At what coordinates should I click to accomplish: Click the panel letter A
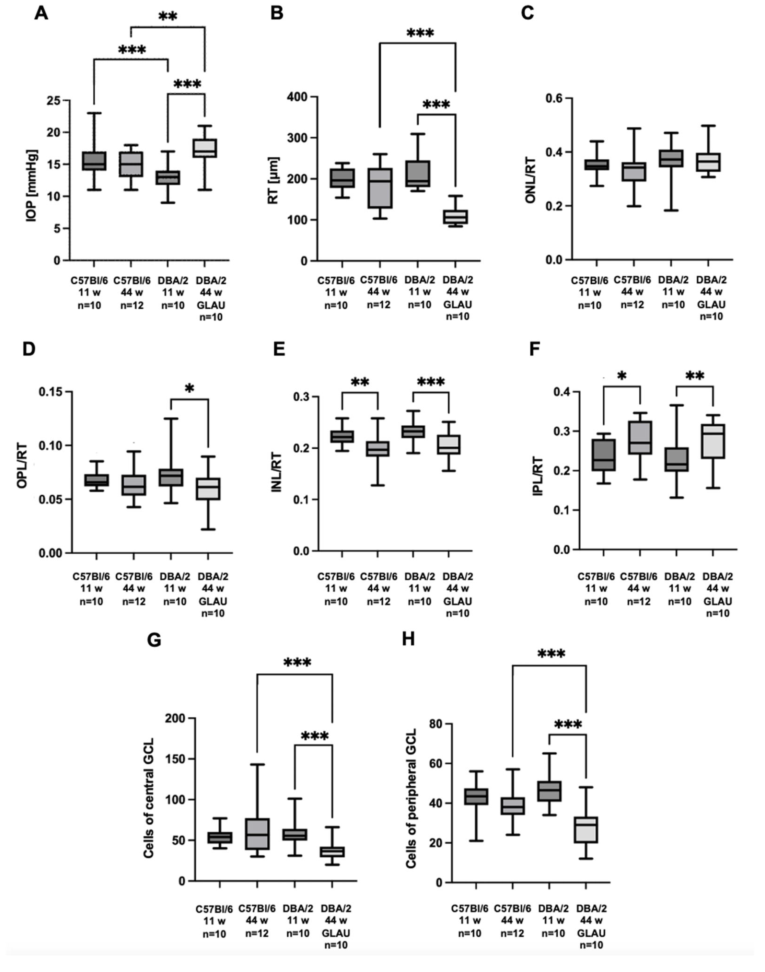click(x=41, y=13)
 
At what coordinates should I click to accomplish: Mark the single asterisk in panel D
click(x=189, y=388)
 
